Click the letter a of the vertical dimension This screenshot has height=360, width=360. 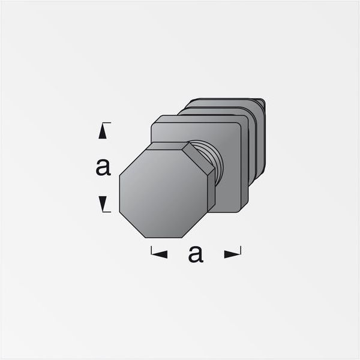(x=103, y=167)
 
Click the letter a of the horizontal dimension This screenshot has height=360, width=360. (x=196, y=254)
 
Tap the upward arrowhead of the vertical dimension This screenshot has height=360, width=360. (x=103, y=131)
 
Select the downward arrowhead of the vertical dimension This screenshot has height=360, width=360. (x=103, y=203)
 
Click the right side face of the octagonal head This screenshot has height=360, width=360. (x=211, y=192)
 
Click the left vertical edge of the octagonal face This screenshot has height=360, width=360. (x=119, y=193)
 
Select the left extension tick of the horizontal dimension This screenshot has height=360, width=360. (x=151, y=250)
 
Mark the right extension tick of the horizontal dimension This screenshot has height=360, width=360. (x=241, y=250)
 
